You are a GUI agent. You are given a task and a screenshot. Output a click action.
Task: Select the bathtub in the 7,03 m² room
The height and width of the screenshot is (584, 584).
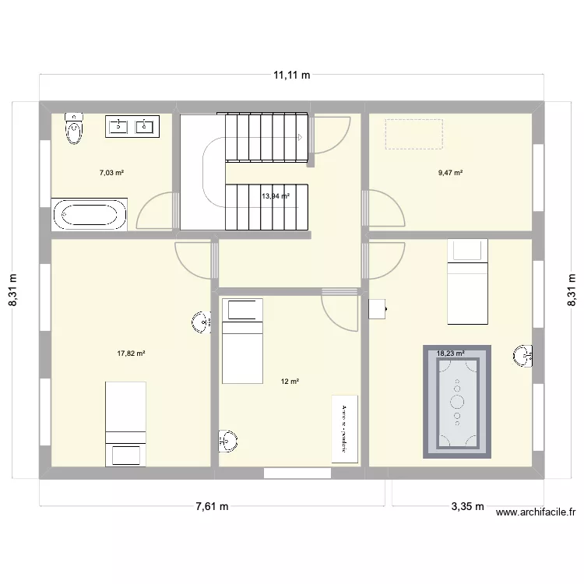click(x=87, y=214)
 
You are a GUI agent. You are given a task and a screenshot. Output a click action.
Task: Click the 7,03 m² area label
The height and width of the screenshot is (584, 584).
click(x=111, y=173)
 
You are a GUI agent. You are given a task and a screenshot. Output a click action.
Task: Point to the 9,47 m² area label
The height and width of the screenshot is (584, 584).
click(x=451, y=173)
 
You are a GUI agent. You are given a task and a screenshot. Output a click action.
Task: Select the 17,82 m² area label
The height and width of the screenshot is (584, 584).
click(x=132, y=354)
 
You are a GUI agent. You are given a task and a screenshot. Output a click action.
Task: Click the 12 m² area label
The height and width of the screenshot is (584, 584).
click(x=290, y=382)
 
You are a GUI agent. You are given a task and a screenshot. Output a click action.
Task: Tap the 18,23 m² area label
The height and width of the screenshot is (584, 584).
click(x=451, y=353)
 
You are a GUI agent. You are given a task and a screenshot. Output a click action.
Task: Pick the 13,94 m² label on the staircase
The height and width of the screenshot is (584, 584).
click(x=276, y=196)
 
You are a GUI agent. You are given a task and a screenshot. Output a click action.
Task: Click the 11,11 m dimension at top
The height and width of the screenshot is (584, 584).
click(x=291, y=76)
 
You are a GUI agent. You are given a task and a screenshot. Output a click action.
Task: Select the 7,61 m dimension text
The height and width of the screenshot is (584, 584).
click(x=212, y=506)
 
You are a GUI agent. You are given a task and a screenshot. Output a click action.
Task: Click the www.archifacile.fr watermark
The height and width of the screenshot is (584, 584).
click(x=535, y=512)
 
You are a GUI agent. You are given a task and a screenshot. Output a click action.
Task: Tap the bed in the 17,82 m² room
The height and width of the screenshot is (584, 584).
click(x=125, y=424)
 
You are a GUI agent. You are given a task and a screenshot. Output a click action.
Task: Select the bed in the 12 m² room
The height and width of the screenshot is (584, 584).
click(x=243, y=341)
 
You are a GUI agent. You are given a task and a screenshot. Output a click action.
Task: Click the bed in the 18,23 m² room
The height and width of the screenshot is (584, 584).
click(x=466, y=280)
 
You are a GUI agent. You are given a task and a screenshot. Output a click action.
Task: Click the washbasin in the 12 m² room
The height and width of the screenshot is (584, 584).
click(x=228, y=441)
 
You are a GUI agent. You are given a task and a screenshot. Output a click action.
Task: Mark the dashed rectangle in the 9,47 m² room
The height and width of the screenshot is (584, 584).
click(x=413, y=134)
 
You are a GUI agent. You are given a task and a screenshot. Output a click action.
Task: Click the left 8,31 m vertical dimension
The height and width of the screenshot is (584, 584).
click(x=13, y=290)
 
